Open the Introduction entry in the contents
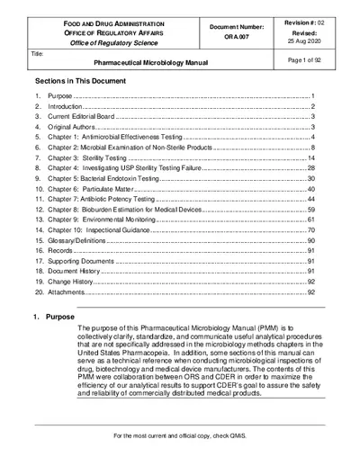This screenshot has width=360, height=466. [68, 105]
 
